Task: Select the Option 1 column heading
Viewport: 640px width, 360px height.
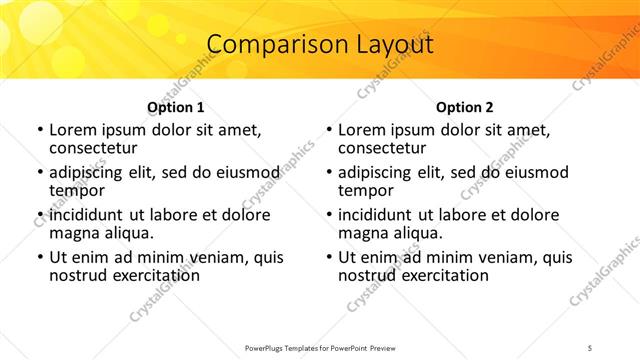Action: [176, 107]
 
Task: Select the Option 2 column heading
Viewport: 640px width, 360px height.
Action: [465, 107]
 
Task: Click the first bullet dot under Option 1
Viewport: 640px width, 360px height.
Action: [39, 130]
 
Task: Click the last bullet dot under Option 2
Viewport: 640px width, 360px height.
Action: [328, 257]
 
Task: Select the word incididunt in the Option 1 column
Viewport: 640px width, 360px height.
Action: [88, 215]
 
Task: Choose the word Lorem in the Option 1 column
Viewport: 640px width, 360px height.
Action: [72, 130]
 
